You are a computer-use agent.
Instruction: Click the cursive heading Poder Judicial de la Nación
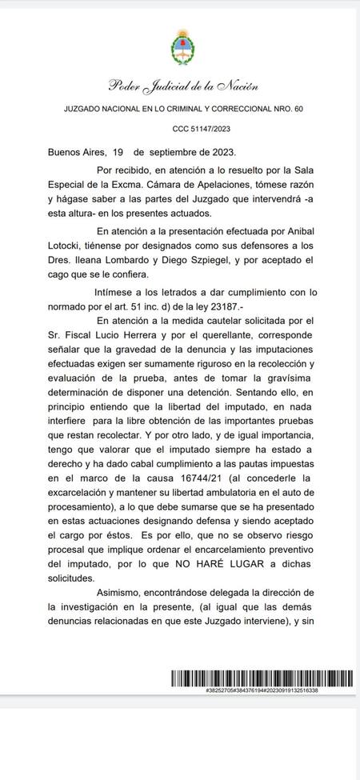tap(182, 86)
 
